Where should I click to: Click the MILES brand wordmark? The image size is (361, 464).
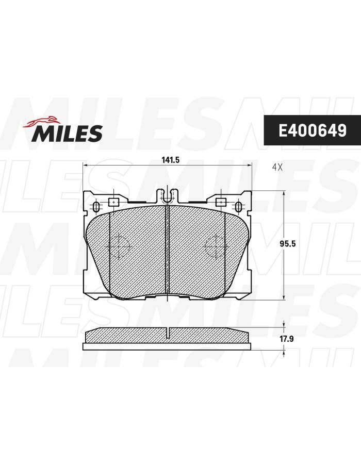(68, 133)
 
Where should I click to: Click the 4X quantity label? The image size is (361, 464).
(277, 167)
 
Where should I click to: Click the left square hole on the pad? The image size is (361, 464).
(113, 202)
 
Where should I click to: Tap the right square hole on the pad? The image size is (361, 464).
(221, 202)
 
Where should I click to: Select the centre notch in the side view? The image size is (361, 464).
(168, 333)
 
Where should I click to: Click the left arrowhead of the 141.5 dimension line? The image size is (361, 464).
(86, 165)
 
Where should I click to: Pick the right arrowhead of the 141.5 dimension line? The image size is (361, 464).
(249, 165)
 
